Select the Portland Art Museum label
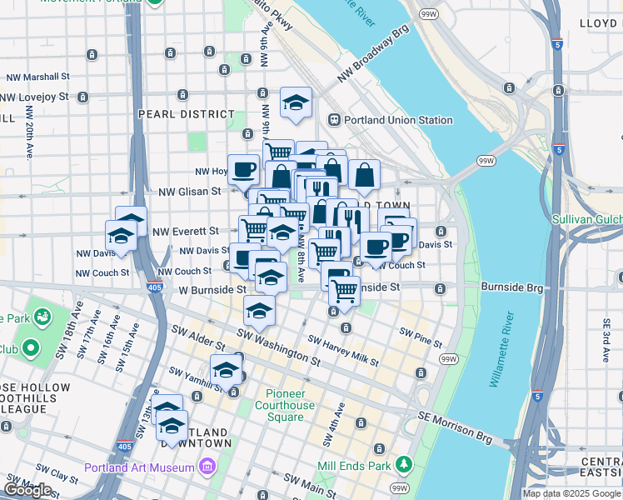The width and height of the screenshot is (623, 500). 140,467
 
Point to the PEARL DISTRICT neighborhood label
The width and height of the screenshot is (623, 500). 187,114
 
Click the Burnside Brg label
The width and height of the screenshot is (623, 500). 511,287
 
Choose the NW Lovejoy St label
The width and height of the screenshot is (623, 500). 34,97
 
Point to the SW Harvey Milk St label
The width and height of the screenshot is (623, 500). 343,351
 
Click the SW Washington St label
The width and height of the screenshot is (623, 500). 278,347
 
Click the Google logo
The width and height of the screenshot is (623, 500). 27,490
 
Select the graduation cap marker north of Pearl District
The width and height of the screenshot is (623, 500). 296,102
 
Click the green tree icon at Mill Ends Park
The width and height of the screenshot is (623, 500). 403,463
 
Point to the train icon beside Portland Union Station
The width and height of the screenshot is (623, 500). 336,120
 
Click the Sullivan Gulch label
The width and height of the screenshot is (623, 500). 587,220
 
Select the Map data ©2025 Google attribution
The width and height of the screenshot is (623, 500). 571,493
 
